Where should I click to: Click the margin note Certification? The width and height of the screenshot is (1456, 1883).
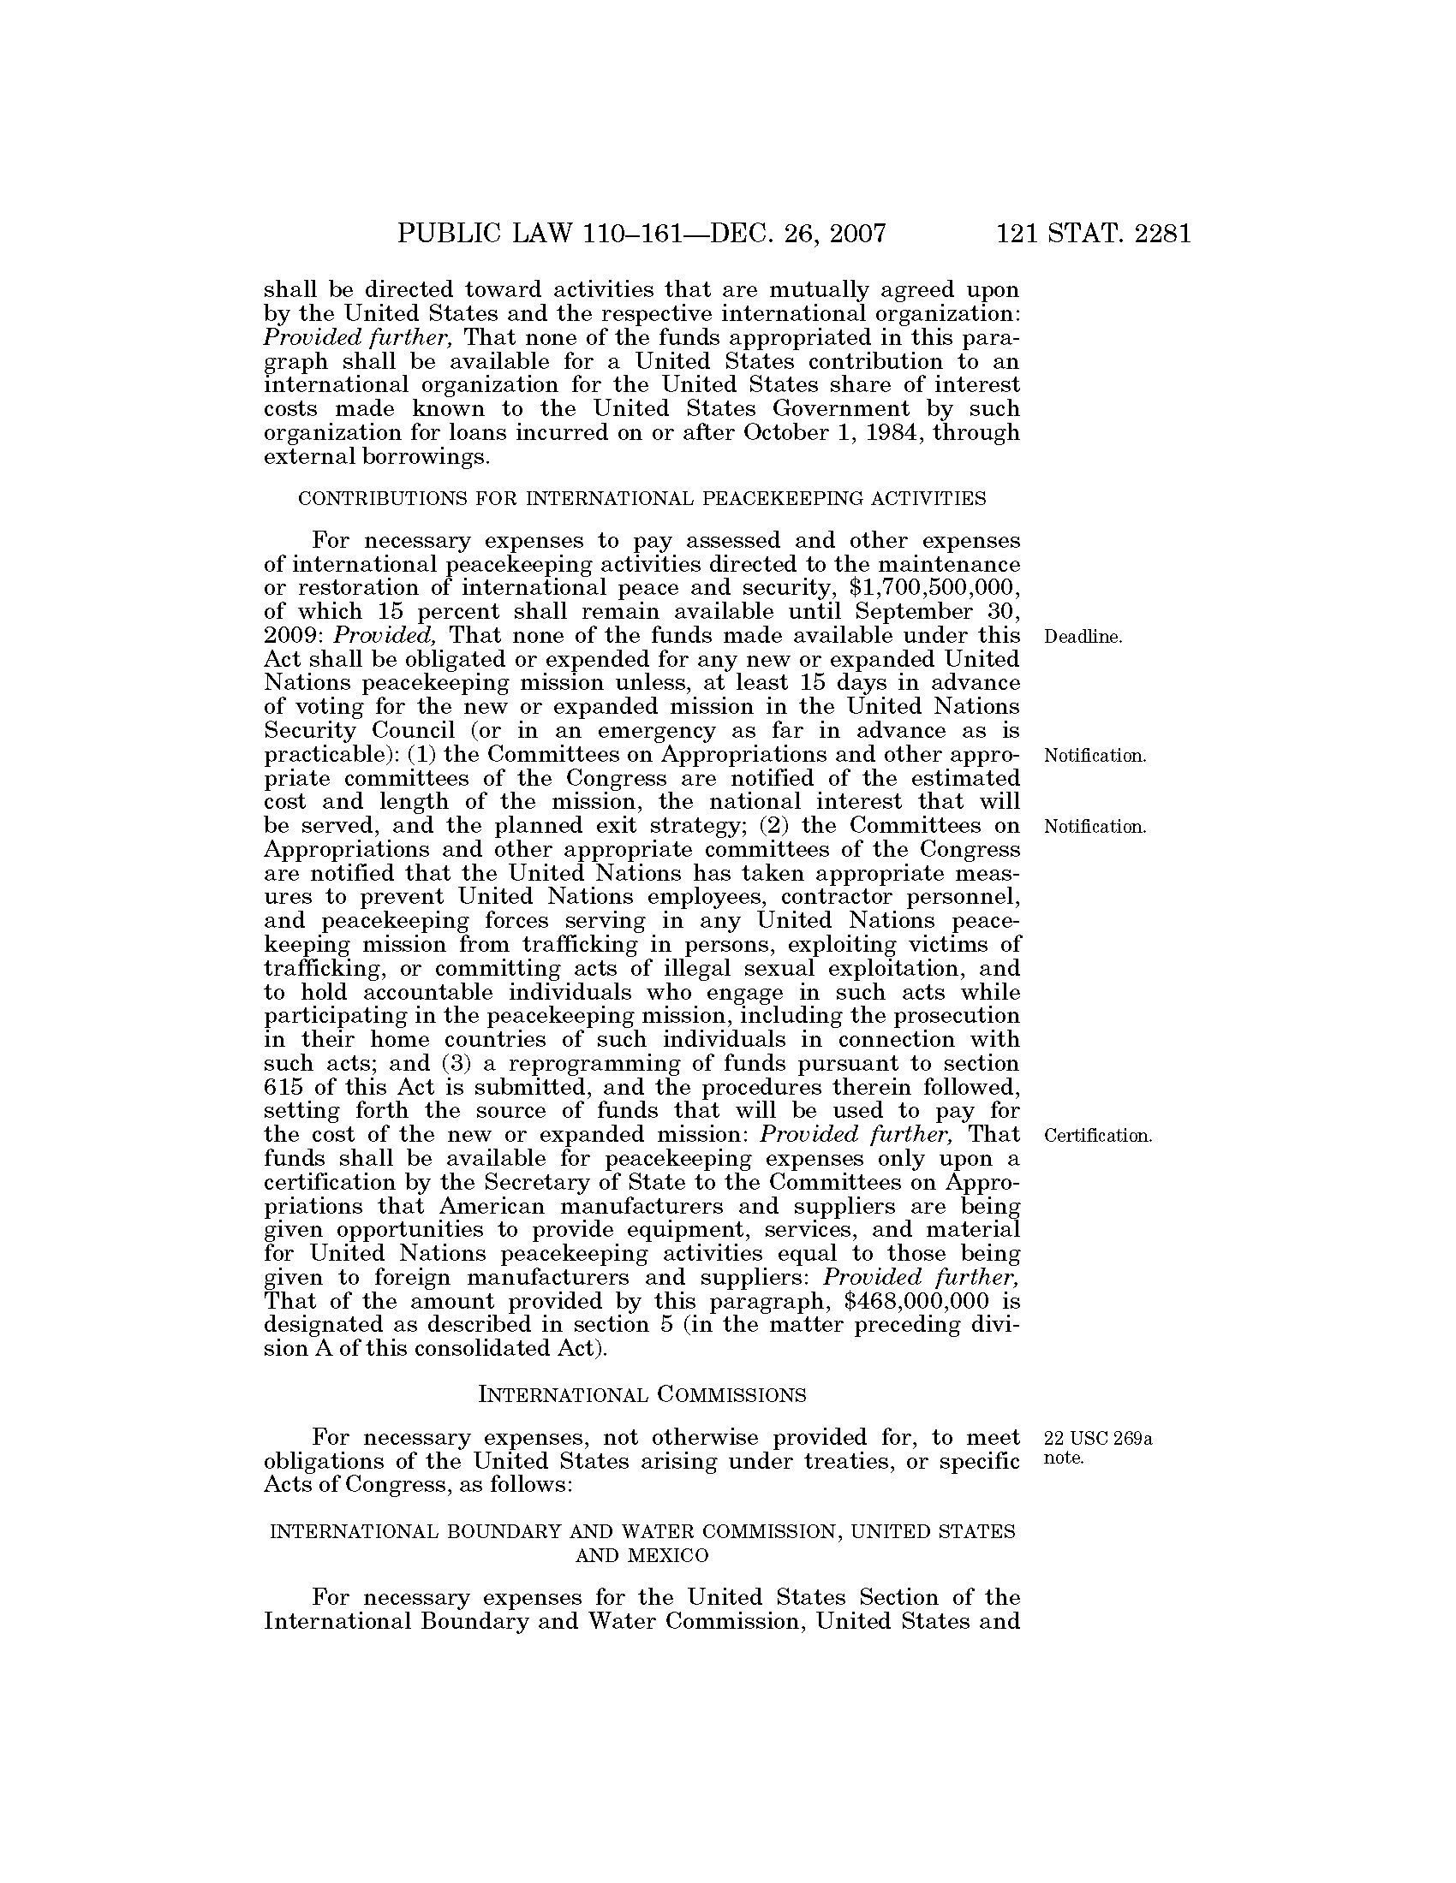(x=1097, y=1136)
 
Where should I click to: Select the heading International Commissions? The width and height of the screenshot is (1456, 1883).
(x=641, y=1394)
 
